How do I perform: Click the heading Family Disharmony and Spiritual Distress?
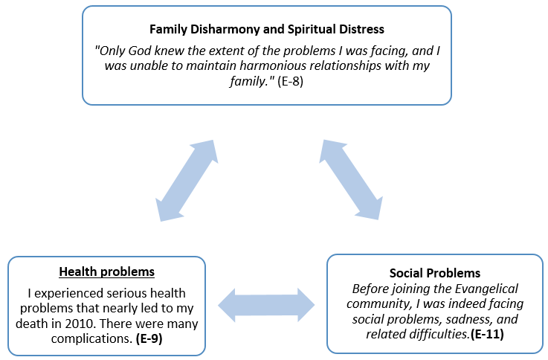tap(267, 29)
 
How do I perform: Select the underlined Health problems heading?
tap(106, 271)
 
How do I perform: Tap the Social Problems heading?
tap(435, 273)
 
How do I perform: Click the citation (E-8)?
tap(291, 81)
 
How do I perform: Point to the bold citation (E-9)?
tap(149, 338)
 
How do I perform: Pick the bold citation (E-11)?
tap(487, 334)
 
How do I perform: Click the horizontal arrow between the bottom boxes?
tap(266, 305)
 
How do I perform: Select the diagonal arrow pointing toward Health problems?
tap(187, 181)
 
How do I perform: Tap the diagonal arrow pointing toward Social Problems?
tap(351, 180)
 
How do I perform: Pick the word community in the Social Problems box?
tap(378, 304)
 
